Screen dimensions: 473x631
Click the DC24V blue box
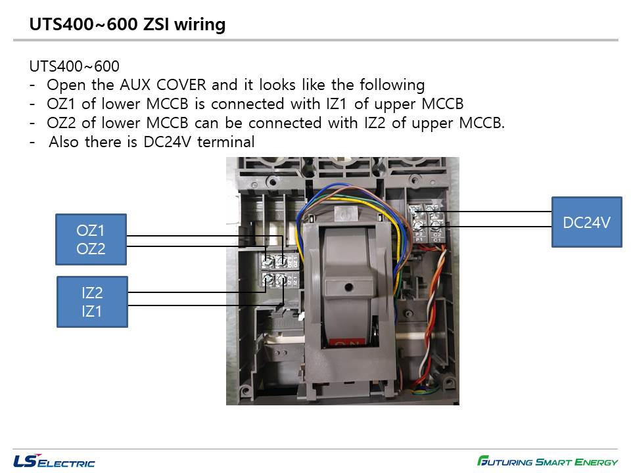586,222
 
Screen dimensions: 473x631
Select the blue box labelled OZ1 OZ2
91,239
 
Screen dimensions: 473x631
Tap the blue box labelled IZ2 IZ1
92,302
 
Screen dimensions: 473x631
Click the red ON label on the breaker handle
346,342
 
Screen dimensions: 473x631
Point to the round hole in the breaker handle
347,286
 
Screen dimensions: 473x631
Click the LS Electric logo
54,461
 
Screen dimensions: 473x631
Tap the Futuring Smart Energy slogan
548,461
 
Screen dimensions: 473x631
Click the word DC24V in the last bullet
166,142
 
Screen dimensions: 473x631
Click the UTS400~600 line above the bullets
74,66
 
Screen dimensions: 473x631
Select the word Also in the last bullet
64,142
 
